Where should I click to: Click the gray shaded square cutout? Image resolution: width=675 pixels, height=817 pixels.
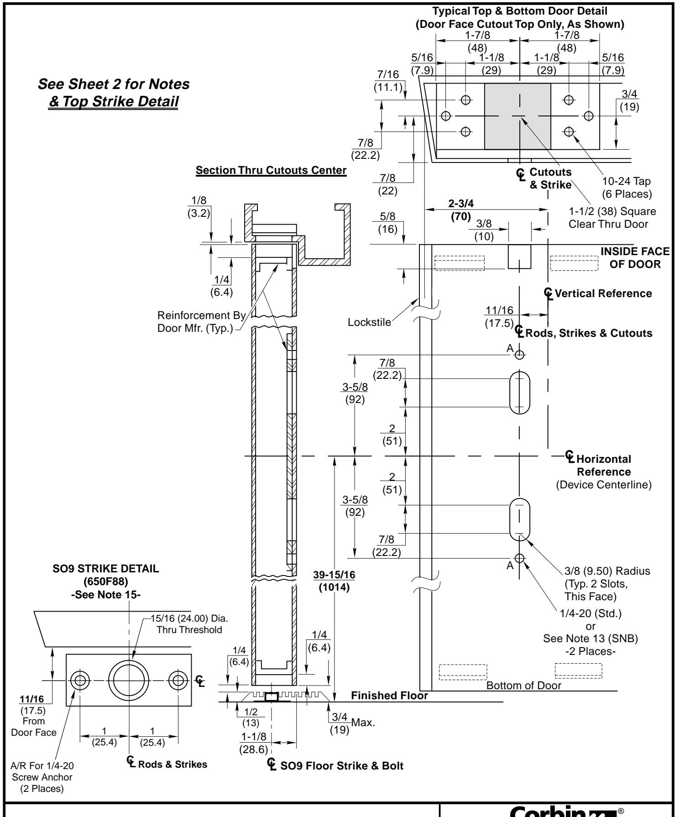(x=518, y=116)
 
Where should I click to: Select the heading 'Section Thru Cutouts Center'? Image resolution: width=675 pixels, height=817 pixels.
(x=271, y=171)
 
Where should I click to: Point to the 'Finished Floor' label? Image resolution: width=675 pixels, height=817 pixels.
(x=390, y=696)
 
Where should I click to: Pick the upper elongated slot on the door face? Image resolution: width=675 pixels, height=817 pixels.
(x=519, y=393)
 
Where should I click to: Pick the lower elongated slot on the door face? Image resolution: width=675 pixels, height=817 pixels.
(x=519, y=519)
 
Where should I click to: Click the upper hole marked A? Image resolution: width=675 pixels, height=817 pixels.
(x=519, y=355)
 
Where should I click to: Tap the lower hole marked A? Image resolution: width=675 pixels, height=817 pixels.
(x=519, y=558)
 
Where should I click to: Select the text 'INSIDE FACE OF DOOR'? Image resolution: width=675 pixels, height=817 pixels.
(x=635, y=258)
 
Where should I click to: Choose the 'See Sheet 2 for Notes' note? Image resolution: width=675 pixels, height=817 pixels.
(x=114, y=84)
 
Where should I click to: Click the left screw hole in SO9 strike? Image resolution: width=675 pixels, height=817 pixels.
(x=80, y=681)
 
